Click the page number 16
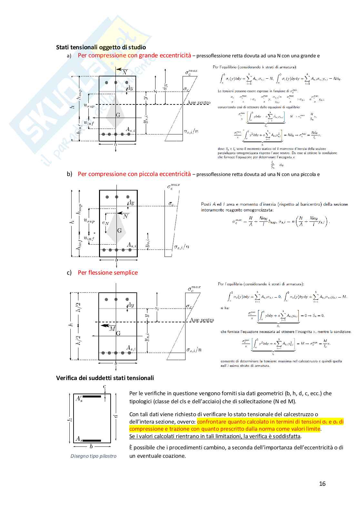[x=322, y=484]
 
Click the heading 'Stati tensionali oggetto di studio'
[x=101, y=47]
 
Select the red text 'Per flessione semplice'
[x=108, y=273]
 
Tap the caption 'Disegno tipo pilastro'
[x=93, y=456]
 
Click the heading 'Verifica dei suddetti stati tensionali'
[x=105, y=378]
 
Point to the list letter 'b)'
[x=69, y=174]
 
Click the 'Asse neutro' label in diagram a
[x=199, y=103]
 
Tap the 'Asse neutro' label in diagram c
[x=202, y=320]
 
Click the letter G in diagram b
[x=119, y=230]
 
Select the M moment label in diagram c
[x=112, y=328]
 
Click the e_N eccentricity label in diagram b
[x=105, y=223]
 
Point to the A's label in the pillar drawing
[x=79, y=399]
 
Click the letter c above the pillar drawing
[x=105, y=387]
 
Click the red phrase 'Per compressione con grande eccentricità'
[x=134, y=55]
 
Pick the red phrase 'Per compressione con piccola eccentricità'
[x=134, y=174]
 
